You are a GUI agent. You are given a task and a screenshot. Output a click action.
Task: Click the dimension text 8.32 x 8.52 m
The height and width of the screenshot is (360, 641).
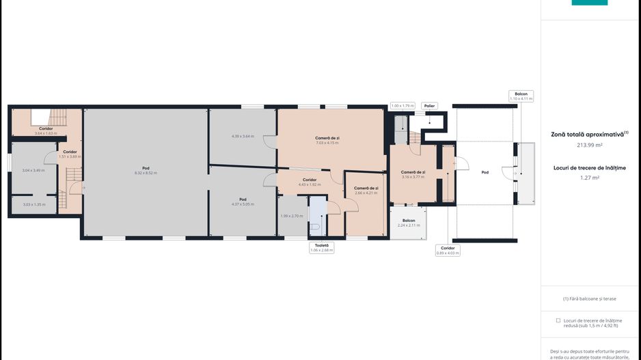point(146,173)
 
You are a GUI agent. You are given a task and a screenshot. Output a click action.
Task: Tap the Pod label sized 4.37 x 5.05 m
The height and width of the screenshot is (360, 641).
point(243,202)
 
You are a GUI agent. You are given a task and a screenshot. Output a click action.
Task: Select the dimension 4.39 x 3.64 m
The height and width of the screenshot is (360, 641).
point(243,136)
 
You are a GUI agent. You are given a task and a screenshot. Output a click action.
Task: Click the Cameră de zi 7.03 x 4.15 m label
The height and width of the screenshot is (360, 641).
point(327,140)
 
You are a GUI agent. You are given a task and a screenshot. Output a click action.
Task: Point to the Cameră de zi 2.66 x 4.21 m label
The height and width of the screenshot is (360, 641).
point(366,190)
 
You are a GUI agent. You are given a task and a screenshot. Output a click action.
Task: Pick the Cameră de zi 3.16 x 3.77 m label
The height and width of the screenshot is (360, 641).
point(413,174)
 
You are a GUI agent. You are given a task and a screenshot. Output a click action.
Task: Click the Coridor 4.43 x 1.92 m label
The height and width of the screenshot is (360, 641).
point(309,182)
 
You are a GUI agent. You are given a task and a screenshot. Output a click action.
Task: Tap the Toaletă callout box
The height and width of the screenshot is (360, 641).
point(321,247)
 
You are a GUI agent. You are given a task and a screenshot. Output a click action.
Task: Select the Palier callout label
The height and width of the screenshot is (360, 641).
point(429,106)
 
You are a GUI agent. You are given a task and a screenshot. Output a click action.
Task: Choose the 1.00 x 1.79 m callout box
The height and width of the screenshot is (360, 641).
point(403,106)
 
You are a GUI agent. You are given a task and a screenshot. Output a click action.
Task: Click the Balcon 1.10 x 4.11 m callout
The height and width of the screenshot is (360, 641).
point(521,96)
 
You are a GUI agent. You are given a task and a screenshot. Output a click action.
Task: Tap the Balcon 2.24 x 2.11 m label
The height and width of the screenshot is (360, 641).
point(409,223)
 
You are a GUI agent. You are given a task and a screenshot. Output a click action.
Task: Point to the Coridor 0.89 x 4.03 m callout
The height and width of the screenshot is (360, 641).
point(448,251)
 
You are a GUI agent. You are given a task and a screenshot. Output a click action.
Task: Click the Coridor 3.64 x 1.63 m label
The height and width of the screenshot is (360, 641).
point(46,130)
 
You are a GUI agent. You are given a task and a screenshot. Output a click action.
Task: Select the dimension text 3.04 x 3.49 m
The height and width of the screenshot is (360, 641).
point(33,170)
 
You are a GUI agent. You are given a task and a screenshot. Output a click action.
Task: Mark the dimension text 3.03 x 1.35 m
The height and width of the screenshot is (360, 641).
point(33,204)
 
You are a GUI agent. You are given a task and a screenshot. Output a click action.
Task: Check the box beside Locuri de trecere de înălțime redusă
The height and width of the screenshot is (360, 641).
point(558,320)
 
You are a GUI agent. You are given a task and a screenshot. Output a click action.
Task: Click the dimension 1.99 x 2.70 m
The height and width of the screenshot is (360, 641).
point(291,216)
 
